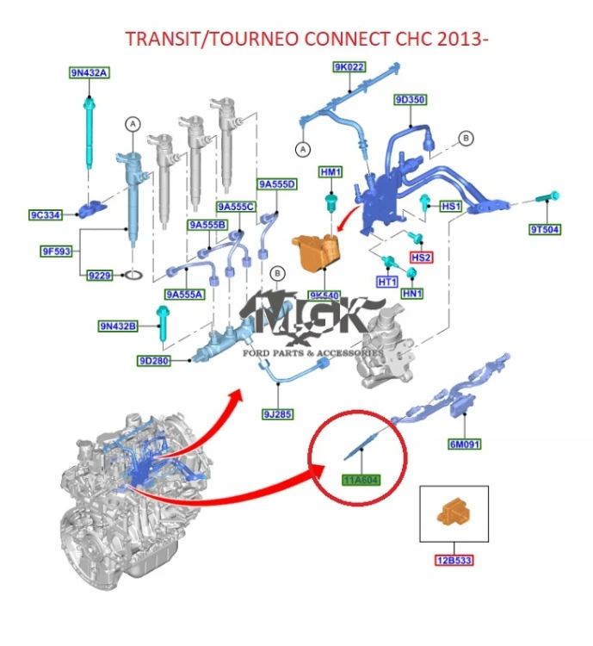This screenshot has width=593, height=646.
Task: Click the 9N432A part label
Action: (89, 73)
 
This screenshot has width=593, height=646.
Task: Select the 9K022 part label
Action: (349, 66)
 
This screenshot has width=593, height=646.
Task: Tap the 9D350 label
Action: (411, 100)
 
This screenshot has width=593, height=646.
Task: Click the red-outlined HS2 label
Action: (421, 258)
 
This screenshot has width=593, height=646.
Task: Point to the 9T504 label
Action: (545, 229)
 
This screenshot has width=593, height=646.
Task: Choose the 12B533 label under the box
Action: (454, 561)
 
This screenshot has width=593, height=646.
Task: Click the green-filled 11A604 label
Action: (361, 480)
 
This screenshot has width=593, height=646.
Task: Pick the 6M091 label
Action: (465, 444)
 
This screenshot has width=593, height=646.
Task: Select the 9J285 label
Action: (278, 414)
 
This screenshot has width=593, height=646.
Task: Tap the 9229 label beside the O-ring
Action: (100, 276)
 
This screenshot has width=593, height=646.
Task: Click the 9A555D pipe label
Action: (277, 184)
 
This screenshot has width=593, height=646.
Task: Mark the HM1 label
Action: (330, 171)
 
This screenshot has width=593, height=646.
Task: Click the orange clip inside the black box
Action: (453, 512)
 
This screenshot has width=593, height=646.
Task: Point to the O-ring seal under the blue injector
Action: (134, 275)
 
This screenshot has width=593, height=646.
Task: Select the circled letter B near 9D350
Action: (466, 138)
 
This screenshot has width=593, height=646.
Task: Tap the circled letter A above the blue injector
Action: (133, 124)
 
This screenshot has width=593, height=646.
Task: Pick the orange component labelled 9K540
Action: (316, 252)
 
